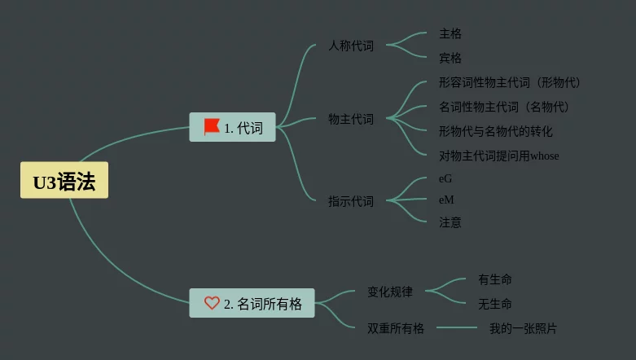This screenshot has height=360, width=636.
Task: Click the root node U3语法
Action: pyautogui.click(x=64, y=181)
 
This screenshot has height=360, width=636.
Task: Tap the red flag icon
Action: pyautogui.click(x=212, y=127)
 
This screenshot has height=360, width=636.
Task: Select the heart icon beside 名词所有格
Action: pyautogui.click(x=212, y=303)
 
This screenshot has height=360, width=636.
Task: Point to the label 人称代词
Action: pyautogui.click(x=351, y=46)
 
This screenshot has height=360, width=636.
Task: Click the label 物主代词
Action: pyautogui.click(x=351, y=119)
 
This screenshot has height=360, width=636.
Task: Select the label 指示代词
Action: pyautogui.click(x=351, y=200)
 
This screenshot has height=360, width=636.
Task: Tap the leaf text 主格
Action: pyautogui.click(x=450, y=33)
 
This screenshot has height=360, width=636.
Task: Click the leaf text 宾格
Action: pyautogui.click(x=450, y=58)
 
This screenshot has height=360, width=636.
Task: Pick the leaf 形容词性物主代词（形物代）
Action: pyautogui.click(x=510, y=82)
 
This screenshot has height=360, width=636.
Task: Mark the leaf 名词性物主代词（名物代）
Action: pyautogui.click(x=504, y=107)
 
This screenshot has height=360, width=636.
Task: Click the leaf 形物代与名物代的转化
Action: pyautogui.click(x=496, y=131)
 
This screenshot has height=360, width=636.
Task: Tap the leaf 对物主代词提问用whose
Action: pyautogui.click(x=499, y=156)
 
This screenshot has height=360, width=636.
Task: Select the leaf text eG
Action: pyautogui.click(x=445, y=178)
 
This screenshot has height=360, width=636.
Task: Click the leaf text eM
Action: pyautogui.click(x=446, y=200)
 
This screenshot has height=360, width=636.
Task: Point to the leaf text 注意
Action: pyautogui.click(x=450, y=222)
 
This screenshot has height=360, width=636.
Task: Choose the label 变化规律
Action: pyautogui.click(x=390, y=291)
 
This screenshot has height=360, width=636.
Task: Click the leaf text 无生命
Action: pyautogui.click(x=495, y=304)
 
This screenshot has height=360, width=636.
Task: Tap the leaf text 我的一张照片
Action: pyautogui.click(x=523, y=328)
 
